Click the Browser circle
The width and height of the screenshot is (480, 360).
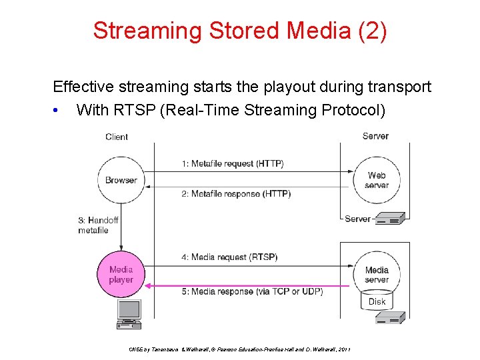point(121,180)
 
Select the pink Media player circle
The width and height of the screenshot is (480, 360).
point(121,275)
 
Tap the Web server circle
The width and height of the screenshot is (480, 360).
point(377,180)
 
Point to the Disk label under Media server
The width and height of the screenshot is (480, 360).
point(377,301)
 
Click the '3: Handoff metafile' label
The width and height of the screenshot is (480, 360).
point(97,225)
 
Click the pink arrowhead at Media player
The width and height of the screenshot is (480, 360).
point(149,285)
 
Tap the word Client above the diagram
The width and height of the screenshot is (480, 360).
point(117,137)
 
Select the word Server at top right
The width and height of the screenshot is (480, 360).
point(375,136)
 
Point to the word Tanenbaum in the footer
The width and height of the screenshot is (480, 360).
point(163,349)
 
